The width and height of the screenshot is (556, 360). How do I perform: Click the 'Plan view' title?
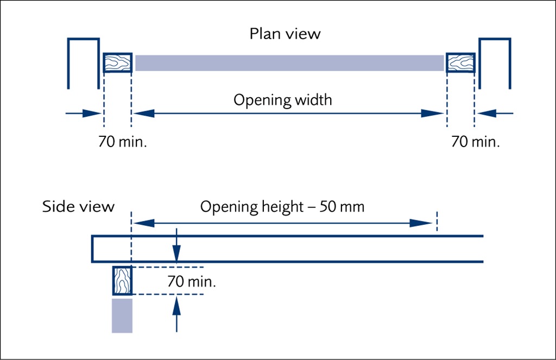click(x=285, y=34)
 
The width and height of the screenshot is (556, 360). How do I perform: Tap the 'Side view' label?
click(x=78, y=207)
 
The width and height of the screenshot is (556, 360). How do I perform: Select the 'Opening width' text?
click(x=282, y=100)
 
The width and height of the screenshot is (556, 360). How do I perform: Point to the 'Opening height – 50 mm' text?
click(x=282, y=207)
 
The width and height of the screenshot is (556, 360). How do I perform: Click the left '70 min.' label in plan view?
click(x=123, y=142)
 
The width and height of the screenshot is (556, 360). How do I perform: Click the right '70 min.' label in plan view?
click(x=476, y=142)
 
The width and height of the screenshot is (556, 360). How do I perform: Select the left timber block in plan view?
click(x=118, y=62)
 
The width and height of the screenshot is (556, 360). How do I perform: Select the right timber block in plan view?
click(x=460, y=62)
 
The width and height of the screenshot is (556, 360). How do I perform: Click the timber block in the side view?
click(x=122, y=280)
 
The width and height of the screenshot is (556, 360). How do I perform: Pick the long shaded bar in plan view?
click(x=289, y=63)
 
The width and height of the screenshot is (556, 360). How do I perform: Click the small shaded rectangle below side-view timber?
click(x=122, y=315)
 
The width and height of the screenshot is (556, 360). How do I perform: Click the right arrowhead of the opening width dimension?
click(x=433, y=113)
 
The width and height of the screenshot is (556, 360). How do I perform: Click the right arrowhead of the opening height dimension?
click(x=421, y=223)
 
